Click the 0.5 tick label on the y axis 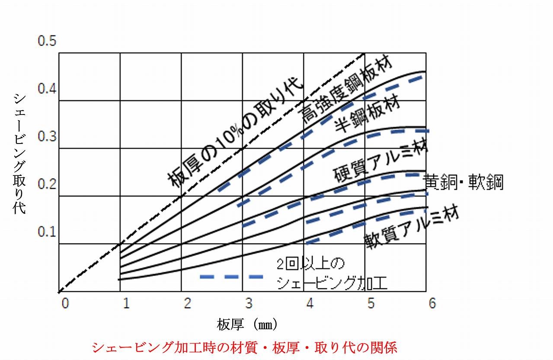[47, 41]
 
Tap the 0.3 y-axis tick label [47, 137]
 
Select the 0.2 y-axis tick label [47, 185]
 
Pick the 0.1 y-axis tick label [47, 232]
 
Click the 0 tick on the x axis [65, 303]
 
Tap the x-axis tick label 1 [126, 303]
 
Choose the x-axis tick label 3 [249, 303]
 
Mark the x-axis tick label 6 [432, 303]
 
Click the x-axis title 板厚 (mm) [247, 324]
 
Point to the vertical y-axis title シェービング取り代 [19, 153]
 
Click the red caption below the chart [244, 347]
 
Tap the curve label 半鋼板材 [367, 115]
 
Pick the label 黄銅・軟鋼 [463, 182]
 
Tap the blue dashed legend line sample [232, 276]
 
